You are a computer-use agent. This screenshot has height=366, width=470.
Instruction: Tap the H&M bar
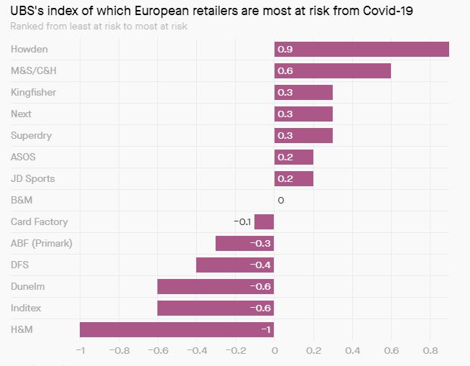tap(177, 329)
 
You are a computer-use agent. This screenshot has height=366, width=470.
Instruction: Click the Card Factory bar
tap(264, 221)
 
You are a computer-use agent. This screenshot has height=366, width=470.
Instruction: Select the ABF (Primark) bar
tap(245, 243)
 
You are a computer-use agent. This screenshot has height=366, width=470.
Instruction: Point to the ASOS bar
tap(294, 157)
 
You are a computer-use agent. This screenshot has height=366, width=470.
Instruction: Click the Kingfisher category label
tap(33, 92)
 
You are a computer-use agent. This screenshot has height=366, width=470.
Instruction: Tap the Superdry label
tap(31, 135)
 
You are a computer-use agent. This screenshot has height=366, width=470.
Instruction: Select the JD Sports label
tap(32, 178)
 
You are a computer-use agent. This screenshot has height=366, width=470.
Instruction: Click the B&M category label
tap(22, 200)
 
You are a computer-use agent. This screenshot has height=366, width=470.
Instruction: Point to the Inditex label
tap(26, 308)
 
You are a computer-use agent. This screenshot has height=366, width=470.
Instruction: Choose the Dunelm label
tap(27, 286)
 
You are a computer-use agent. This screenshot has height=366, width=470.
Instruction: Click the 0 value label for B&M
tap(280, 200)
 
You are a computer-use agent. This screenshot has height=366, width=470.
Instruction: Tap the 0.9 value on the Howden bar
tap(285, 49)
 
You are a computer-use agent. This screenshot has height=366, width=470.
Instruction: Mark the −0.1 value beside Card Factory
tap(242, 221)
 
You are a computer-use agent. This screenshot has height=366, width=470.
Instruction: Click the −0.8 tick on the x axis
tap(119, 351)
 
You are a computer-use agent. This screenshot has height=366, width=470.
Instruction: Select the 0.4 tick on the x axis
tap(352, 351)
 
